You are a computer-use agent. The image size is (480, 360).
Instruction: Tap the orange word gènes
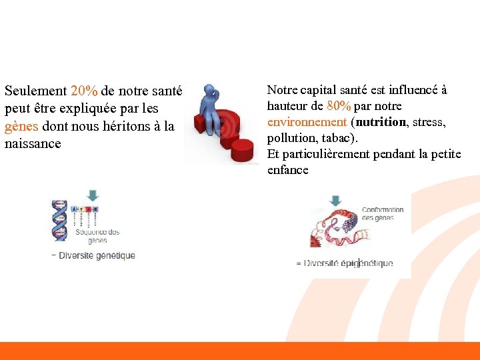[x=21, y=126]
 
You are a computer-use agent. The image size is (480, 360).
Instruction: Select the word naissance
[x=32, y=143]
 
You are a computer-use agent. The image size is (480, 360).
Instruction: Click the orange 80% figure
[x=339, y=106]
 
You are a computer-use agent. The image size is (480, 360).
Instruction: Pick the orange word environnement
[x=307, y=122]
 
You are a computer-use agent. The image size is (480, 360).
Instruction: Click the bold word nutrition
[x=381, y=122]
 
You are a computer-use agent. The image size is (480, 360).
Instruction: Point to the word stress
[x=429, y=122]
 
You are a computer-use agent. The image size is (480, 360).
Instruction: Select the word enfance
[x=287, y=170]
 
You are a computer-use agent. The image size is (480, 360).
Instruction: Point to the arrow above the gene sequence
[x=93, y=195]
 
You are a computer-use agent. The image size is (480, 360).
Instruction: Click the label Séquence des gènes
[x=97, y=236]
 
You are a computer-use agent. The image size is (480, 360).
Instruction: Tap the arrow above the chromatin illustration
[x=335, y=200]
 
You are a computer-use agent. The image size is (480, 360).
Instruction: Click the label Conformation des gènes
[x=383, y=213]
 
